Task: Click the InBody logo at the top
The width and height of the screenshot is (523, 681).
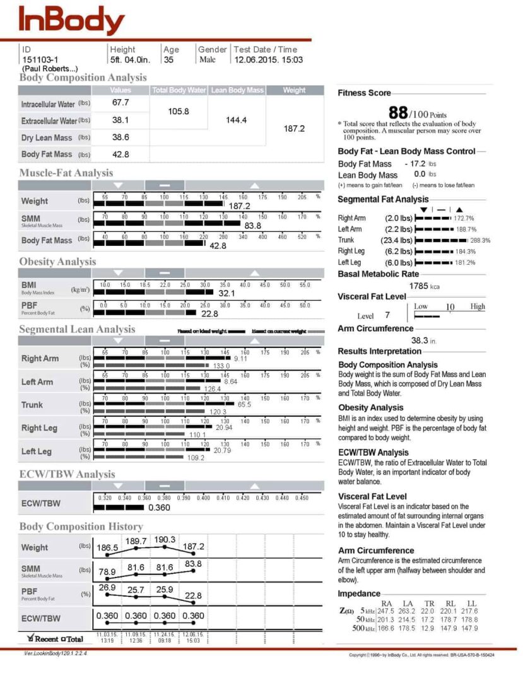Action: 71,20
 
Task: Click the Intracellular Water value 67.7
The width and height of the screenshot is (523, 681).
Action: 120,102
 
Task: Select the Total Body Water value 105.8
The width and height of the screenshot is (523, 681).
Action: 179,112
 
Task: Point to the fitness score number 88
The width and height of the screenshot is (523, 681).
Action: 397,113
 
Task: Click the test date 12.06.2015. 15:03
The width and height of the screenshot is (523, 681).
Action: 269,60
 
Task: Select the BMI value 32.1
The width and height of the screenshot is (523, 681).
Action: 226,294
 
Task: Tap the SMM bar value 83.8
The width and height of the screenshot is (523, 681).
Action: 252,225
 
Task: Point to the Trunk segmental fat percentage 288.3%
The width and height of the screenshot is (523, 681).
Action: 480,240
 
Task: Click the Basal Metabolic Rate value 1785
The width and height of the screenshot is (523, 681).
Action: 418,286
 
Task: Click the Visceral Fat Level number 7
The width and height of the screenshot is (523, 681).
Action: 387,315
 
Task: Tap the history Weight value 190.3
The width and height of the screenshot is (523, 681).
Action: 164,540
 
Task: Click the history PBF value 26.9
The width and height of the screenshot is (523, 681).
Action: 107,588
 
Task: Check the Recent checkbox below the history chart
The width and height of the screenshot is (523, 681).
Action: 31,638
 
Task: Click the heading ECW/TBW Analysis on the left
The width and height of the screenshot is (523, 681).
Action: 67,474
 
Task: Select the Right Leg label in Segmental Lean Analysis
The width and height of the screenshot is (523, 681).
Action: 39,428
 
